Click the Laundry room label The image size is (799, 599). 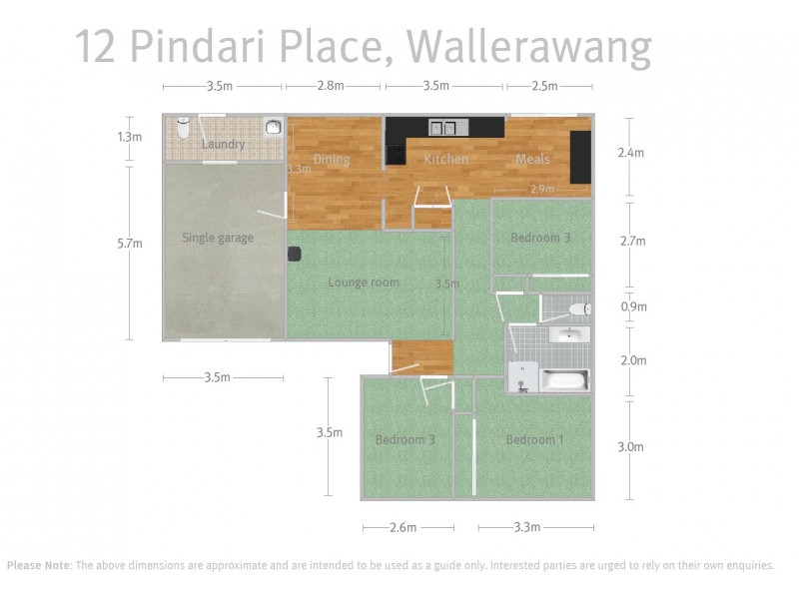(x=223, y=145)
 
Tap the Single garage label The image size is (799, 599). (x=218, y=238)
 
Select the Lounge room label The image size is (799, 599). (x=364, y=283)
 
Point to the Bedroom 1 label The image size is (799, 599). (x=534, y=440)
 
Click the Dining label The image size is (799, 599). (x=332, y=160)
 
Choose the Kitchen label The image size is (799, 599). (x=445, y=160)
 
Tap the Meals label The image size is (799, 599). (x=533, y=160)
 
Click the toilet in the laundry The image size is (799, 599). (x=183, y=129)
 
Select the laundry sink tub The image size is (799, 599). (x=273, y=127)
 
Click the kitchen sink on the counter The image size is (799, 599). (x=442, y=127)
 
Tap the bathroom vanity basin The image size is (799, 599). (x=569, y=334)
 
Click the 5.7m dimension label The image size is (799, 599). (x=130, y=243)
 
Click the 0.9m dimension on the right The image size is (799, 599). (x=633, y=307)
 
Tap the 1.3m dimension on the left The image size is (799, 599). (x=130, y=137)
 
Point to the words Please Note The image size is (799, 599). (x=38, y=565)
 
